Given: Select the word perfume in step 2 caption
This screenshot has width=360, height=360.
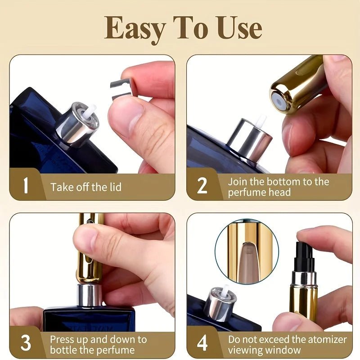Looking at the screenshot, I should [247, 193].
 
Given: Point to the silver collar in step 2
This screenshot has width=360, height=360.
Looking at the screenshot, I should [250, 139].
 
